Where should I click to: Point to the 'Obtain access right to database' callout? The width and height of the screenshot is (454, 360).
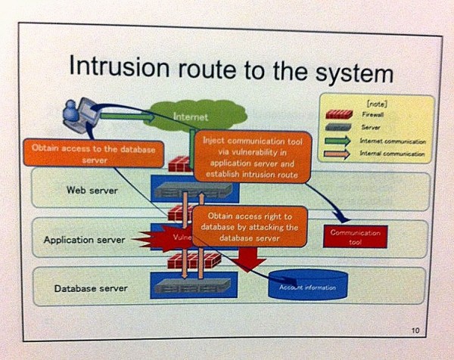(248, 226)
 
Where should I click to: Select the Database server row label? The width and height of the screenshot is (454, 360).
(90, 288)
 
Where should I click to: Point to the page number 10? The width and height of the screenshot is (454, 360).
(415, 330)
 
